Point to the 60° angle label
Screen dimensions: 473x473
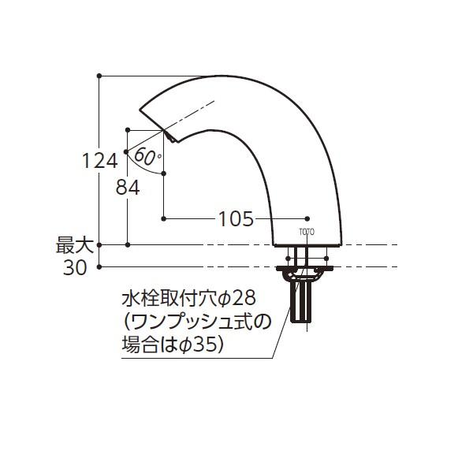pyautogui.click(x=147, y=155)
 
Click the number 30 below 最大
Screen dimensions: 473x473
pyautogui.click(x=75, y=268)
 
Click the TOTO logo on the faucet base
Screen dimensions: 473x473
pyautogui.click(x=307, y=231)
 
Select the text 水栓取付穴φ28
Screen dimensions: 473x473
pyautogui.click(x=189, y=300)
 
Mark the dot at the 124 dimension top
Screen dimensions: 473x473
pyautogui.click(x=99, y=76)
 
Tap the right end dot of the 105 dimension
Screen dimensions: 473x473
pyautogui.click(x=307, y=218)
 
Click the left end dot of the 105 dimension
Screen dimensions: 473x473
pyautogui.click(x=163, y=218)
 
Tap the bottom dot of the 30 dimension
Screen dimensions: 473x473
pyautogui.click(x=99, y=267)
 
